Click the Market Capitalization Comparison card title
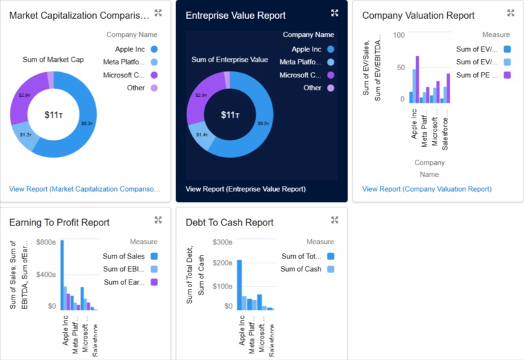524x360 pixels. coord(79,15)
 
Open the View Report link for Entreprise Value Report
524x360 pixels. coord(245,189)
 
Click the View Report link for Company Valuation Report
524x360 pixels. coord(426,189)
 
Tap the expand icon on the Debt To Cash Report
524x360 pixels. coord(335,220)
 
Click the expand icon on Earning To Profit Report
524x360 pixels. coord(158,220)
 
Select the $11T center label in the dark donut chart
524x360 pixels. coord(229,115)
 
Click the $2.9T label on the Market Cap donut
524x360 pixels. coord(25,96)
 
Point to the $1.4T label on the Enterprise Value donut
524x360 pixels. coord(202,135)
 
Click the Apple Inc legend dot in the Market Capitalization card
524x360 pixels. coord(154,49)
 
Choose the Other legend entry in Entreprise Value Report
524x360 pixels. coord(312,88)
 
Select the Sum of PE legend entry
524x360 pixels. coord(477,75)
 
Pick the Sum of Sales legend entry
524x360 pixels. coord(124,256)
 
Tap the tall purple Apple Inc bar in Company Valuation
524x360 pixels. coord(417,79)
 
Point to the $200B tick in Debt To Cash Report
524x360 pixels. coord(222,263)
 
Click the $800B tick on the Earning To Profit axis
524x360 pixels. coord(46,242)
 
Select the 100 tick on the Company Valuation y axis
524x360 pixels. coord(399,35)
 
